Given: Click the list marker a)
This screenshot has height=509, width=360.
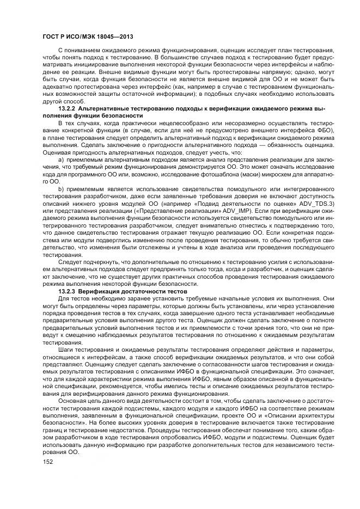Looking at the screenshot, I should (x=61, y=158).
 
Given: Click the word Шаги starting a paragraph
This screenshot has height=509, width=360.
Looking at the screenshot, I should (x=66, y=349).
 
